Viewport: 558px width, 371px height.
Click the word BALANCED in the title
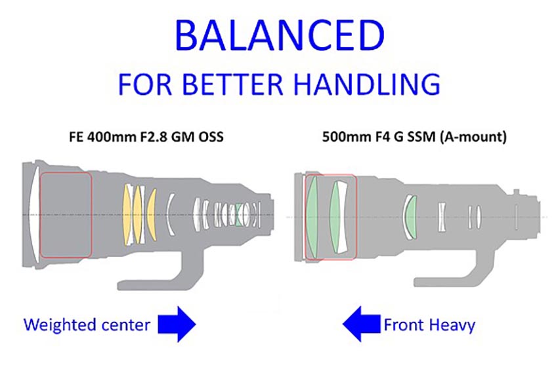(278, 36)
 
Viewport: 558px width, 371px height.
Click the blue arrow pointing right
(178, 323)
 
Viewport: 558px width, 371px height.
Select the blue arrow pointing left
(360, 324)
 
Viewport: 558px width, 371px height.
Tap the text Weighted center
(85, 324)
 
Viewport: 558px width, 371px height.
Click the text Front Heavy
(429, 324)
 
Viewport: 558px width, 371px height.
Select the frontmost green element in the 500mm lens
(313, 216)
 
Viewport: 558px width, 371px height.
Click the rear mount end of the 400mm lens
(270, 214)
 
